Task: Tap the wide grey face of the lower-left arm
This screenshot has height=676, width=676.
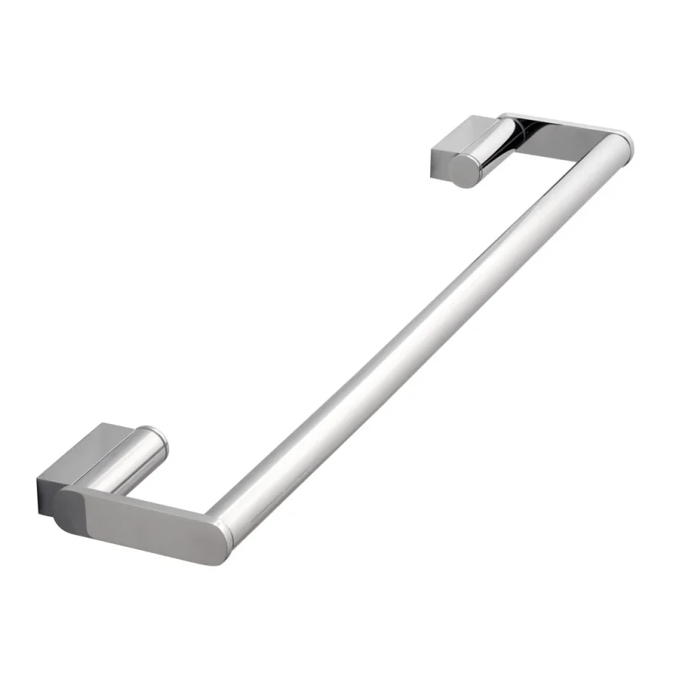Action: [146, 522]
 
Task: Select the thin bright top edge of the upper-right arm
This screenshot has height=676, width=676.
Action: [561, 123]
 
